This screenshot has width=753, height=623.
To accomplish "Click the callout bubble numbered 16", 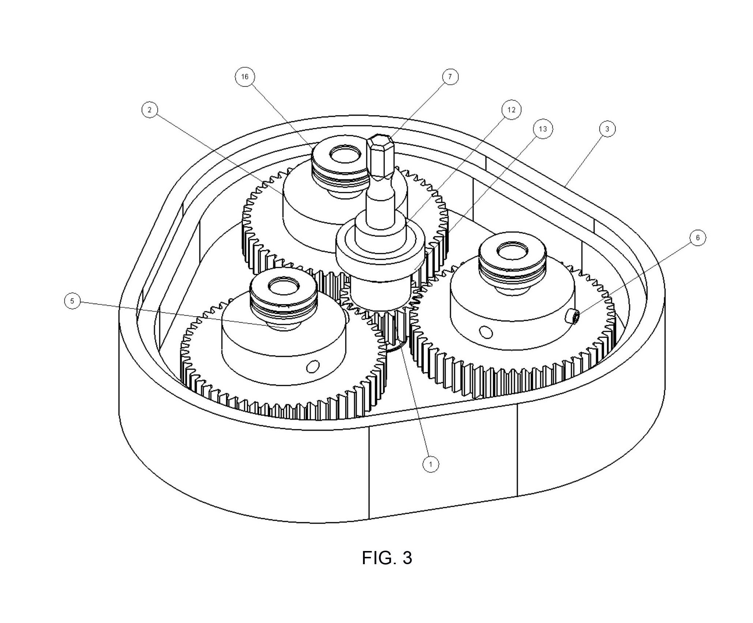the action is pyautogui.click(x=245, y=77).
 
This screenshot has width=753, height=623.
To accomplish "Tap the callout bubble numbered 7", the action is pyautogui.click(x=450, y=77).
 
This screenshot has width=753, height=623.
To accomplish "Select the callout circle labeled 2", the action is pyautogui.click(x=149, y=110).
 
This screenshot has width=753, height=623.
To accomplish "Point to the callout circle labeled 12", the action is pyautogui.click(x=511, y=110).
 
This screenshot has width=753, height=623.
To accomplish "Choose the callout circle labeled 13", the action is pyautogui.click(x=543, y=129).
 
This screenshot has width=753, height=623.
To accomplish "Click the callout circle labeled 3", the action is pyautogui.click(x=607, y=129).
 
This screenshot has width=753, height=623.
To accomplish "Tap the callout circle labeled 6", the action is pyautogui.click(x=697, y=238).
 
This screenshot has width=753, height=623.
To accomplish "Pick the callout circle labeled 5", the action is pyautogui.click(x=72, y=301).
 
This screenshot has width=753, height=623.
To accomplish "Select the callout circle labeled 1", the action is pyautogui.click(x=431, y=464).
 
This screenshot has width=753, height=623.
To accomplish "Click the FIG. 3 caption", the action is pyautogui.click(x=387, y=558).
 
